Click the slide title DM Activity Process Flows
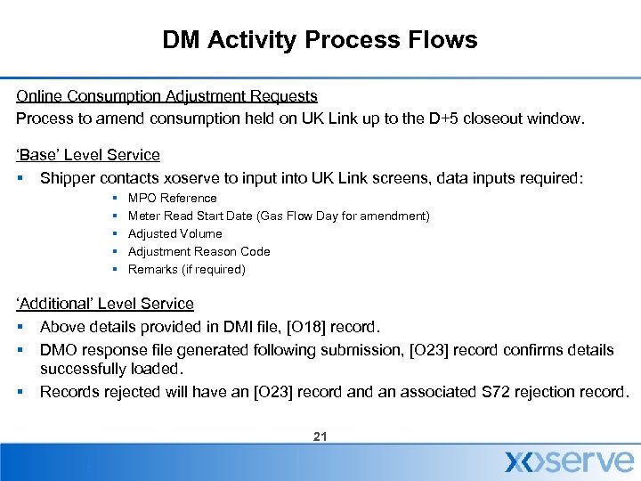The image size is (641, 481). coord(320,40)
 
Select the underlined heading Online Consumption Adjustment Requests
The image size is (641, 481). coord(166,95)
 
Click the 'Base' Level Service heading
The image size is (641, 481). coord(88,156)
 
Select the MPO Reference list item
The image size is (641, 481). coord(172,198)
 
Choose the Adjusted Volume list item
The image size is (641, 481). coord(174,233)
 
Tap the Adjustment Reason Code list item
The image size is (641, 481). coord(199,251)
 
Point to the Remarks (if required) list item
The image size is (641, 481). coord(186,269)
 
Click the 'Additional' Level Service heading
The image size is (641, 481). coord(104,305)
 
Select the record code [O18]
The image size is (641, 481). coord(366,327)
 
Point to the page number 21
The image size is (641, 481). coord(320,436)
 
